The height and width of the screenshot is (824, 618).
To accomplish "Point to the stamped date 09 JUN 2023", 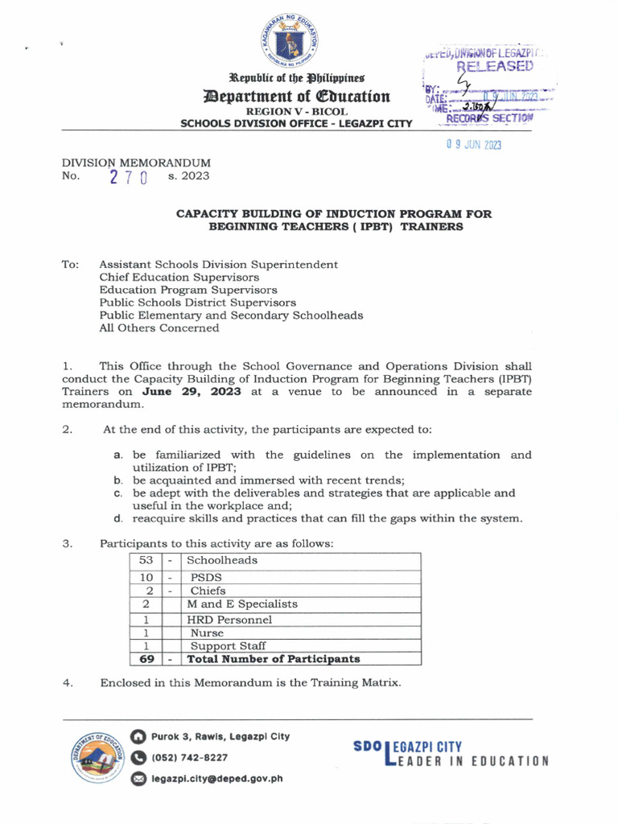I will point(474,145).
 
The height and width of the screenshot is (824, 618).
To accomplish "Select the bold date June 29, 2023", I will point(192,392).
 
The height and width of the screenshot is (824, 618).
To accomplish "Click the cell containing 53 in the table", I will point(146,560).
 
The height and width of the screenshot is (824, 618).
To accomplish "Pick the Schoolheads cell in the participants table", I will point(222,560).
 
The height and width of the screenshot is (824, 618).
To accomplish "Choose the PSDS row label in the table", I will point(206,577).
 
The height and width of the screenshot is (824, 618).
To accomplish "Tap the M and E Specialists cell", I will point(242,604).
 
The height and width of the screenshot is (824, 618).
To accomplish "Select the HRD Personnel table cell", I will point(229,620).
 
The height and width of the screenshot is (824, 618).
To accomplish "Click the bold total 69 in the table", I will point(146,659).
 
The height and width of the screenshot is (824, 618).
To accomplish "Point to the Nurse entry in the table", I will point(207,632).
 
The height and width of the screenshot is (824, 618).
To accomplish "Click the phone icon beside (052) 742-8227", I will point(138,757).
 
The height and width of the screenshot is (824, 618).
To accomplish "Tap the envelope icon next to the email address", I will point(138,778).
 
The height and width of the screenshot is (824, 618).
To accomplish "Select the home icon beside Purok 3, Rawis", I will point(138,736).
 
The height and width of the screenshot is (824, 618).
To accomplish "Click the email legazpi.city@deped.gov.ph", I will point(216,778).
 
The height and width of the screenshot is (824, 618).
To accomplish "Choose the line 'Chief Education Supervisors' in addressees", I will point(179,277).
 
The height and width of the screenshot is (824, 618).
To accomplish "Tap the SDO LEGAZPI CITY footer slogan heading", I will point(407,748).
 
